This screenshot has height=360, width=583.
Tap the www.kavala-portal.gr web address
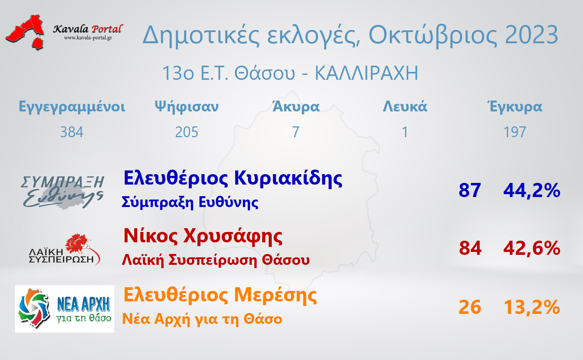click(x=88, y=38)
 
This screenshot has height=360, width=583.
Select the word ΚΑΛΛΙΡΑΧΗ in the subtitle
click(x=367, y=73)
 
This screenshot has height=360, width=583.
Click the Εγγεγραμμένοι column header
click(x=72, y=107)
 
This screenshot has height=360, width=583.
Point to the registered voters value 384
click(x=72, y=132)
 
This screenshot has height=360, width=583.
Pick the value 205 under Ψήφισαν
click(x=187, y=132)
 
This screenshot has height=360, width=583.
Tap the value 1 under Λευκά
click(x=405, y=132)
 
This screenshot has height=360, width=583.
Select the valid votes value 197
click(x=515, y=132)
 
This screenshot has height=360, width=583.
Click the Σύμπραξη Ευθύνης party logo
click(x=62, y=192)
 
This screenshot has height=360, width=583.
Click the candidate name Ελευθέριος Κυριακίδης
click(x=233, y=179)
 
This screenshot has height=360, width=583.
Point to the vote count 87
click(x=470, y=190)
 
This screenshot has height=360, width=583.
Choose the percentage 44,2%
click(x=532, y=190)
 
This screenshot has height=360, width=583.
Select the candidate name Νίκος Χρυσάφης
click(x=203, y=237)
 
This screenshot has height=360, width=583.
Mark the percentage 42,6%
click(x=532, y=248)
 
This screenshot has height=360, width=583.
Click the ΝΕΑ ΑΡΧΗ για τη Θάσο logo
click(x=64, y=309)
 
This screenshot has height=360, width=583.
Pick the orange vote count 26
click(x=470, y=307)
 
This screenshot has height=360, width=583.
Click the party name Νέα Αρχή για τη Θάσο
click(x=202, y=319)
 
